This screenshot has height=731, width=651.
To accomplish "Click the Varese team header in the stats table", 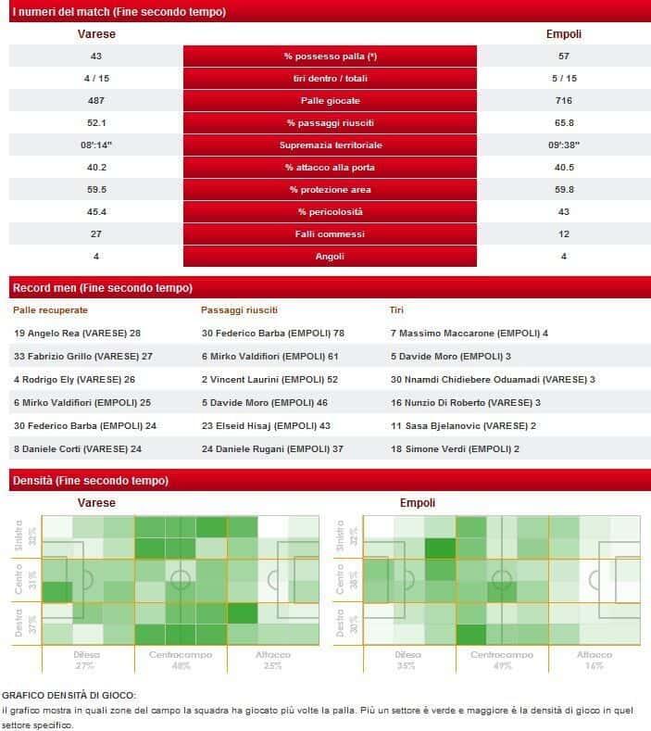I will click(95, 34).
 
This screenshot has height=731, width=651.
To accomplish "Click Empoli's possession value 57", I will click(564, 57).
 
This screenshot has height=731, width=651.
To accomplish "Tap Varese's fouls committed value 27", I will click(95, 234).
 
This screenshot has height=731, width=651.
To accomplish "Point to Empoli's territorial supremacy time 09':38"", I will click(564, 145).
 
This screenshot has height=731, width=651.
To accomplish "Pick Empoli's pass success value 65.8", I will click(564, 123).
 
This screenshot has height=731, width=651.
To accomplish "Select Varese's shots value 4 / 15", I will click(95, 79).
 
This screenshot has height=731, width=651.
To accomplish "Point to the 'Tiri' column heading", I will click(396, 310).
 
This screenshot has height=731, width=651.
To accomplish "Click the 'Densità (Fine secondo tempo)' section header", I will click(90, 481).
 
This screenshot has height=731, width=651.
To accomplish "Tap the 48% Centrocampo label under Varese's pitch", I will click(181, 665).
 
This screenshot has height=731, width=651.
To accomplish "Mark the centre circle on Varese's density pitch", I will click(181, 581).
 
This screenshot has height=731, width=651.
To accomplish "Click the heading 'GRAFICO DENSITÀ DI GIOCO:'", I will click(69, 695).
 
